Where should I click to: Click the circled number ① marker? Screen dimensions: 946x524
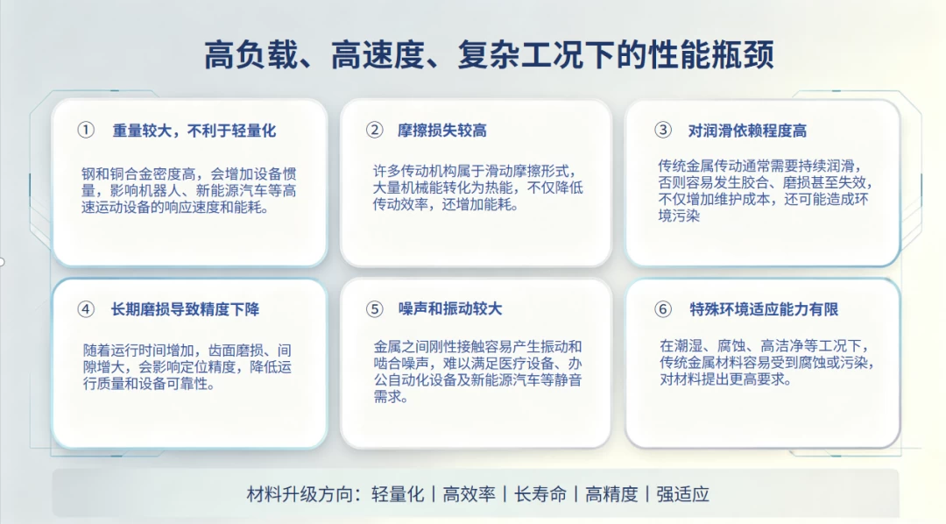click(86, 130)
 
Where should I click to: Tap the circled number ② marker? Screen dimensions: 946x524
click(375, 130)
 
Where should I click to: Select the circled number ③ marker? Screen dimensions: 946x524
click(663, 130)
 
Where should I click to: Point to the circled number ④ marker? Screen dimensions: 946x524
click(86, 309)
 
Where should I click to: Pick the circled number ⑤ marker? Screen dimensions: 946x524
click(375, 309)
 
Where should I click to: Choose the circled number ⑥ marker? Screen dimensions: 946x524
click(663, 309)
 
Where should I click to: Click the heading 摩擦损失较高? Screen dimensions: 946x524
click(442, 131)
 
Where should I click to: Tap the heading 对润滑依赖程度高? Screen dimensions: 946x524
click(747, 131)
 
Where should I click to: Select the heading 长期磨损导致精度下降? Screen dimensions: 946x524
click(185, 309)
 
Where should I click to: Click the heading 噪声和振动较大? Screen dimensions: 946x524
click(450, 309)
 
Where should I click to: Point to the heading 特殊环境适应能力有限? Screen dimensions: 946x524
click(765, 309)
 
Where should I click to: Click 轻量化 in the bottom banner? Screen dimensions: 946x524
click(398, 494)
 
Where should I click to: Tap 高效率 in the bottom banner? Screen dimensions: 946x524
click(469, 494)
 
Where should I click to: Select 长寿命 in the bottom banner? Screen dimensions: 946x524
click(540, 494)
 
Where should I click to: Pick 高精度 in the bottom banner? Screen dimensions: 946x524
click(611, 494)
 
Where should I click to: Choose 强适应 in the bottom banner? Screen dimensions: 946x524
click(682, 494)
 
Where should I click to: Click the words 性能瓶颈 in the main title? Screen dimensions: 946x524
click(711, 55)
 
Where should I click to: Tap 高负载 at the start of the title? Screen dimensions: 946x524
click(251, 55)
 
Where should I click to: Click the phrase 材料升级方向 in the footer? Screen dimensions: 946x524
click(299, 494)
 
